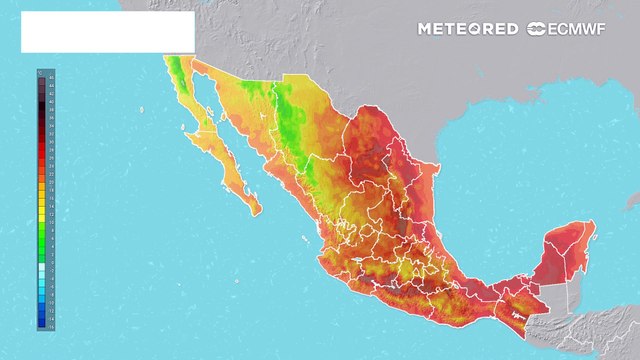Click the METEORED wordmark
[468, 29]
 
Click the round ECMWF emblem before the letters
[535, 29]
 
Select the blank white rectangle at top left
[107, 32]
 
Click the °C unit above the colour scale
[40, 71]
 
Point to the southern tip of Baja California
[254, 211]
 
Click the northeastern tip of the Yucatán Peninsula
[592, 224]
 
